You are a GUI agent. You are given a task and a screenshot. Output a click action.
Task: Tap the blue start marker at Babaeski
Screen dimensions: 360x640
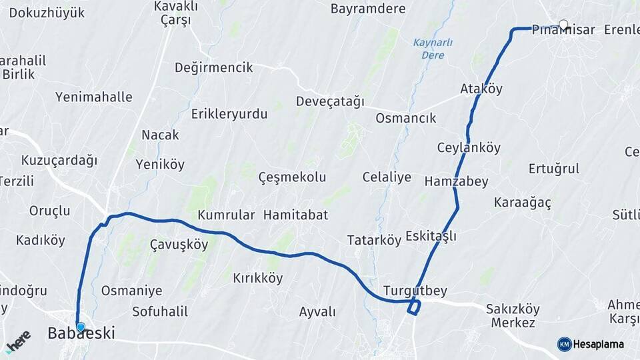coord(81,327)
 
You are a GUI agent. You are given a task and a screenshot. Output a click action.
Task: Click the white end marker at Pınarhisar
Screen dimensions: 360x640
coord(563,25)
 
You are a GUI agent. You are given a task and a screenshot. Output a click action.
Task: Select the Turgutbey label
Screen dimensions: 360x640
coord(415,291)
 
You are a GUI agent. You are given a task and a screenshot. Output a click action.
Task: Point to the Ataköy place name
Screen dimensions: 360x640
coord(481,89)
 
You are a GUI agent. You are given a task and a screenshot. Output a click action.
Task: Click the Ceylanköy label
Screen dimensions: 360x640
coord(469,147)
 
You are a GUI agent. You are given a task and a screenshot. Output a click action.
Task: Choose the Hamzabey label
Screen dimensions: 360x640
coord(456,181)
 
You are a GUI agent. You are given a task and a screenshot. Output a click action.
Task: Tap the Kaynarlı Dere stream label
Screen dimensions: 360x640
coord(433,49)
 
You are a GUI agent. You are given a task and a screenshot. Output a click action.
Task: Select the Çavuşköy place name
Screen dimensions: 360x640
coord(179,244)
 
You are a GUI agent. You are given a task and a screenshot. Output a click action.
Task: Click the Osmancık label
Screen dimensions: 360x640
coord(405,118)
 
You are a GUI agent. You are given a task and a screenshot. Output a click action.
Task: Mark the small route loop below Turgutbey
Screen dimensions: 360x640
coord(414,307)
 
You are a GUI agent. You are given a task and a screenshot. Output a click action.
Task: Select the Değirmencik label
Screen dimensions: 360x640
coord(213,67)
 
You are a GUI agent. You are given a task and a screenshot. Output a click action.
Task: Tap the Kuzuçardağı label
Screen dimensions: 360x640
coord(59,160)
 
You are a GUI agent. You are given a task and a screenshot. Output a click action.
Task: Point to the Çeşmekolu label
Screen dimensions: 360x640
coord(292,177)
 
